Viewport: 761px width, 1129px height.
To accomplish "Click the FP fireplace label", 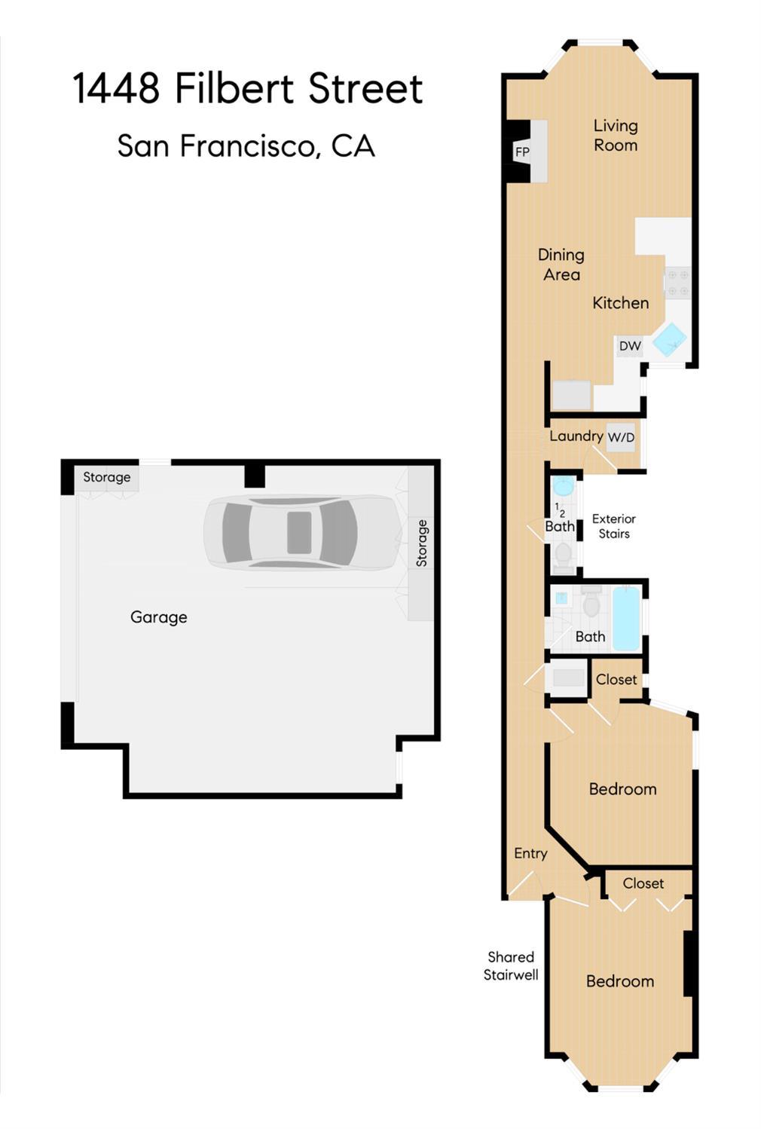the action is tap(522, 151).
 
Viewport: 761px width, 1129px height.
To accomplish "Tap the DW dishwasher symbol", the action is tap(630, 346).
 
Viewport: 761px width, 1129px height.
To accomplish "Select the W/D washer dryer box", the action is tap(621, 437).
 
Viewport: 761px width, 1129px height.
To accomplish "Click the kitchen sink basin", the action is tap(670, 340).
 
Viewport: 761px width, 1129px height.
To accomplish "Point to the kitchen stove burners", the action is tap(678, 283).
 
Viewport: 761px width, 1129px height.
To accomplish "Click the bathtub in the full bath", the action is tap(626, 618).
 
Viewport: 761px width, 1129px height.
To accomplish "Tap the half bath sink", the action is tap(564, 486).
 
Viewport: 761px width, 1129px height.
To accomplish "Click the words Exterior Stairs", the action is tap(614, 526).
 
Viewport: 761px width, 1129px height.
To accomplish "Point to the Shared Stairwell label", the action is tap(511, 965).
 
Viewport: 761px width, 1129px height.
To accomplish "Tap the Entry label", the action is tap(530, 853).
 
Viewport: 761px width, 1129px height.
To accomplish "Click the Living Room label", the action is tap(616, 135).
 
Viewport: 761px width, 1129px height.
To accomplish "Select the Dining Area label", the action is tap(561, 265).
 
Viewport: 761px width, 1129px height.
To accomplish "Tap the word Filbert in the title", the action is tap(234, 88).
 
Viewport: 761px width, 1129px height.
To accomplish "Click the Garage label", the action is tap(159, 617).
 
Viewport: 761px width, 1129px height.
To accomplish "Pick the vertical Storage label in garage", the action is tap(422, 543).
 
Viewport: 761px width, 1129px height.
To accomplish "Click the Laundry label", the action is tap(576, 436).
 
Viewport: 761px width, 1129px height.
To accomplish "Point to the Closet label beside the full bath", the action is tap(616, 679).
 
